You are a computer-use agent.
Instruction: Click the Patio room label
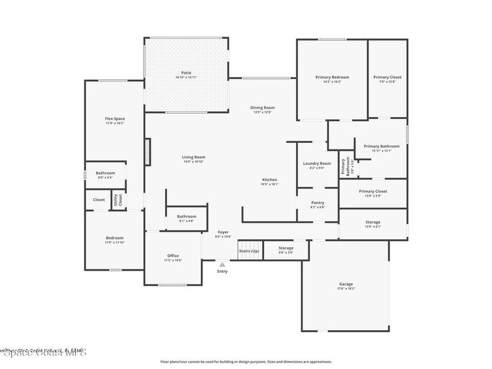pyautogui.click(x=186, y=73)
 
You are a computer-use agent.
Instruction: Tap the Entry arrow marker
pyautogui.click(x=222, y=264)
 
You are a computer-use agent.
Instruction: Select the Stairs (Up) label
pyautogui.click(x=249, y=251)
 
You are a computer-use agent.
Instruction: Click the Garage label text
pyautogui.click(x=346, y=284)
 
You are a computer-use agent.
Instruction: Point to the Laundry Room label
pyautogui.click(x=317, y=163)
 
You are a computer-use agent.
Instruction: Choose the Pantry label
pyautogui.click(x=318, y=203)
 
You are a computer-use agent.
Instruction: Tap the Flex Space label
pyautogui.click(x=115, y=119)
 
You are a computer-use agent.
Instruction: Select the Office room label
pyautogui.click(x=173, y=256)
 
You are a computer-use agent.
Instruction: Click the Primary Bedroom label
pyautogui.click(x=332, y=77)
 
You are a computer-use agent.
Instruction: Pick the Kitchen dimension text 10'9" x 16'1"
pyautogui.click(x=270, y=184)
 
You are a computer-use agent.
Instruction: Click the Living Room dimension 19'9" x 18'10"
pyautogui.click(x=194, y=162)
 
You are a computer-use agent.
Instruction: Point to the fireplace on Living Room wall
pyautogui.click(x=148, y=152)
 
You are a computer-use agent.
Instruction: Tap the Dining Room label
pyautogui.click(x=262, y=108)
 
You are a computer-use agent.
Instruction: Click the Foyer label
pyautogui.click(x=223, y=232)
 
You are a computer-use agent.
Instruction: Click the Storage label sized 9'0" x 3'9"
pyautogui.click(x=286, y=248)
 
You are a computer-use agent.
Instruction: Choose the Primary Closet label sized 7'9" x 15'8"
pyautogui.click(x=387, y=77)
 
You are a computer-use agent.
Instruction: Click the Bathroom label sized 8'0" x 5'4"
pyautogui.click(x=105, y=173)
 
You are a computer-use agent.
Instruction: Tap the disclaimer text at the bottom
pyautogui.click(x=246, y=362)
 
